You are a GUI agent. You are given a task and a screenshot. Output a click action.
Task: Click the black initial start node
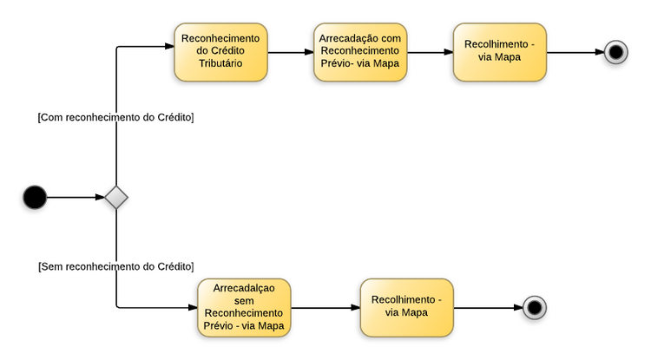[34, 198]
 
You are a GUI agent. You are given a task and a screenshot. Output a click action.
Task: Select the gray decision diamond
[116, 198]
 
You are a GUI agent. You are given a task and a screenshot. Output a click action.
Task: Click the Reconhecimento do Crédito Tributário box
[220, 51]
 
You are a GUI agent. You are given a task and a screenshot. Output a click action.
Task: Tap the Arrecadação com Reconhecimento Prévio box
[359, 51]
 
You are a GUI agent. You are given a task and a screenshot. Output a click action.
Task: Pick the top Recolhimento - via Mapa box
[499, 51]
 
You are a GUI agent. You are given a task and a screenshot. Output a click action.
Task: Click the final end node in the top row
[616, 52]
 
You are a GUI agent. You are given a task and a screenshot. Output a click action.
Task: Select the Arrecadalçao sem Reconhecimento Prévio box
[243, 307]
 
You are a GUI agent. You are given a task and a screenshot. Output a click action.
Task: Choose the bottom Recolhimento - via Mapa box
[406, 307]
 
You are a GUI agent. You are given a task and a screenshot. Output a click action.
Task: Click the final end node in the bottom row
[534, 307]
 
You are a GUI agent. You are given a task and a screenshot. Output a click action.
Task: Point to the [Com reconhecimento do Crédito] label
[115, 117]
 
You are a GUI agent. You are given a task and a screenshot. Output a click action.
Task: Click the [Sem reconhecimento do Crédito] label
[115, 265]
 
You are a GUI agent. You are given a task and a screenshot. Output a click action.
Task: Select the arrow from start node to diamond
[75, 198]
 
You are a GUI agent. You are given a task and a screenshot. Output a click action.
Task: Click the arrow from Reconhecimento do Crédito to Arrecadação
[290, 52]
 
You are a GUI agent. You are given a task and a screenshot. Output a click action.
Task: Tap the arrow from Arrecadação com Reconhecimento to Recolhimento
[430, 52]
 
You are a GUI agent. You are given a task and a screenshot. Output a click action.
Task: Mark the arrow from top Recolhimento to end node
[575, 52]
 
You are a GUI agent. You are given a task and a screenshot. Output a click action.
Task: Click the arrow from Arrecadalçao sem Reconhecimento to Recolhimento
[325, 307]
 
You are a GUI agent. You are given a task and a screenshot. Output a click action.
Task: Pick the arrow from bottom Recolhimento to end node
[487, 307]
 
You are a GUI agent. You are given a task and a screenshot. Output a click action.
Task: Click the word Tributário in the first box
[220, 63]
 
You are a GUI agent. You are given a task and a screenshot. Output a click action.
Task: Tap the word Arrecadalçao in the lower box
[243, 289]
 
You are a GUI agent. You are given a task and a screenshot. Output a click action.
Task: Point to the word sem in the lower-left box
[243, 301]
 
